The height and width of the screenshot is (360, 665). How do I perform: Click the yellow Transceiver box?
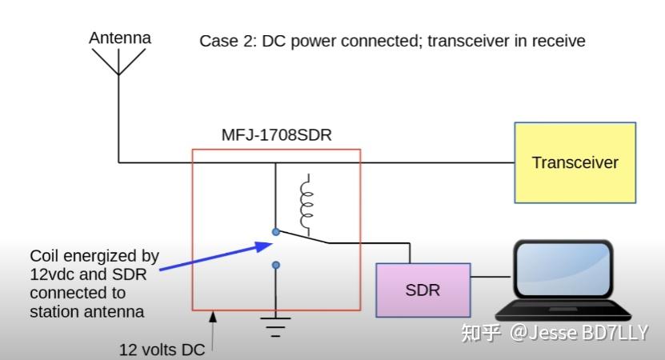pos(575,162)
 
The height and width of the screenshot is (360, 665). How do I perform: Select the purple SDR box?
pos(422,290)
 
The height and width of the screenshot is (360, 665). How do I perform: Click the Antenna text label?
pos(119,38)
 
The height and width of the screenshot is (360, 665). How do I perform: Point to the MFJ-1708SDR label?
pos(276,135)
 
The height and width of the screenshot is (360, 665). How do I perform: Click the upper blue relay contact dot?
pos(275,232)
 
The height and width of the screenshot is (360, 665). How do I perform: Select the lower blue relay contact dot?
pos(275,265)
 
